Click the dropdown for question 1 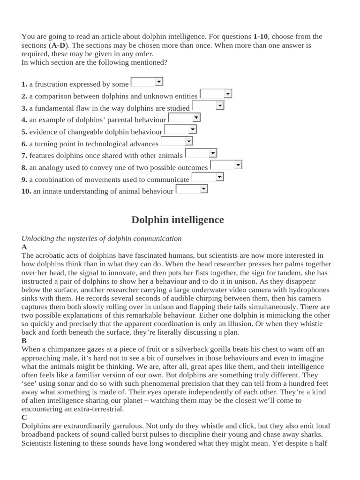point(147,82)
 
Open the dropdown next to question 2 point(216,94)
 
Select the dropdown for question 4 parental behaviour point(184,118)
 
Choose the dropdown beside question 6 point(177,142)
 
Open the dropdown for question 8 point(226,165)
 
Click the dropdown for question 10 point(192,189)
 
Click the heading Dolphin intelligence point(178,220)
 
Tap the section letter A point(24,247)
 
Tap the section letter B point(24,341)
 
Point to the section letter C point(24,417)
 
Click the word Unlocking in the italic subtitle point(37,239)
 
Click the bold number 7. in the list point(24,156)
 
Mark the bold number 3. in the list point(24,108)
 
